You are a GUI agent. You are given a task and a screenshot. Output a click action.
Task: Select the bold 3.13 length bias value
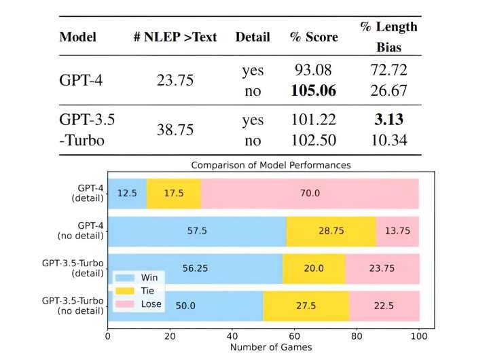[388, 120]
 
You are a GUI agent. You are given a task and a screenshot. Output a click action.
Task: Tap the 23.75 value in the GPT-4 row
[175, 80]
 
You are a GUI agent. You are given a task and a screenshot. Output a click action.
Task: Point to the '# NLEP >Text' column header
[175, 37]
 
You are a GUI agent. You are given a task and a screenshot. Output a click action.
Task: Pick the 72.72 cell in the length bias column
[388, 71]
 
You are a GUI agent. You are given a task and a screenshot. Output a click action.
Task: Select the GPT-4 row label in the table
[80, 80]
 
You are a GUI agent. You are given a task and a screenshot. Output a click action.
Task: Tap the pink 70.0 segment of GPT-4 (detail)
[310, 193]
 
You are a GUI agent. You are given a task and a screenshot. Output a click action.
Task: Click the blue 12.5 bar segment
[127, 193]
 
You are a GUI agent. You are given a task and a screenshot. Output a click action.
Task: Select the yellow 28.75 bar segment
[331, 231]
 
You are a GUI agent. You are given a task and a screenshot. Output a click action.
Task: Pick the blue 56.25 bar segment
[195, 268]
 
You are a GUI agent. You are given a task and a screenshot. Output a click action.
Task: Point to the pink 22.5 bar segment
[384, 306]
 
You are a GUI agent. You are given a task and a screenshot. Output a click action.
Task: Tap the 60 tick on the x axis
[295, 336]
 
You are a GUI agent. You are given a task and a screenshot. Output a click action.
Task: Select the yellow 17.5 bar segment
[174, 193]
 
